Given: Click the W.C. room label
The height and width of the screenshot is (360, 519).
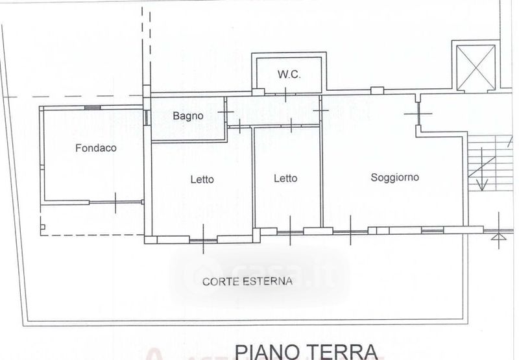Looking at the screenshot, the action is click(x=289, y=75).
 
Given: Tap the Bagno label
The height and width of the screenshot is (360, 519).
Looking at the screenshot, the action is click(x=188, y=116).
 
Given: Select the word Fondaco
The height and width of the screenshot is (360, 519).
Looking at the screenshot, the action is click(x=96, y=148).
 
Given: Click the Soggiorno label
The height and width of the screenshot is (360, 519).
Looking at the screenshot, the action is click(x=395, y=178).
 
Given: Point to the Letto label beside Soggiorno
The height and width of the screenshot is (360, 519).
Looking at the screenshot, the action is click(x=285, y=178).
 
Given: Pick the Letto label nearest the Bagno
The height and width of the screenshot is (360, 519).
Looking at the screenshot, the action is click(x=202, y=180).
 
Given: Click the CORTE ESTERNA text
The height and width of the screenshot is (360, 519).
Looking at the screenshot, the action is click(x=247, y=282).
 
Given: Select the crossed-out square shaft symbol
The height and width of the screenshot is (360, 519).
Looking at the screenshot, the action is click(x=476, y=68).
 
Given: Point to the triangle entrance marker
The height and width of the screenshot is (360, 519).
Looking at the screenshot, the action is click(x=499, y=237).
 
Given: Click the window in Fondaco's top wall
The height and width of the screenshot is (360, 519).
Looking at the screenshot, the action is click(x=92, y=108).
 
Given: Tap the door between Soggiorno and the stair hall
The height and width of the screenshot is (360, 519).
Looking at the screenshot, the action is click(x=418, y=114).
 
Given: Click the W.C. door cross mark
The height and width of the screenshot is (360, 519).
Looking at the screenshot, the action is click(x=285, y=95).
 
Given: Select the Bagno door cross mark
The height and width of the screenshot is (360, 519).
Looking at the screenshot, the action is click(x=226, y=112).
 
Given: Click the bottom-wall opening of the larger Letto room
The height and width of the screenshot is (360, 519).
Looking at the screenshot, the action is click(x=203, y=239).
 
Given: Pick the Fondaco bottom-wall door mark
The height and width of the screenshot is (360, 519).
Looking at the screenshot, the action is click(x=115, y=202).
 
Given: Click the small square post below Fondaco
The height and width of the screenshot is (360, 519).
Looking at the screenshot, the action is click(x=42, y=227).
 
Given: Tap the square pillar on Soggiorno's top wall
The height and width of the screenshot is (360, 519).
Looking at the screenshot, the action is click(x=377, y=90).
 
